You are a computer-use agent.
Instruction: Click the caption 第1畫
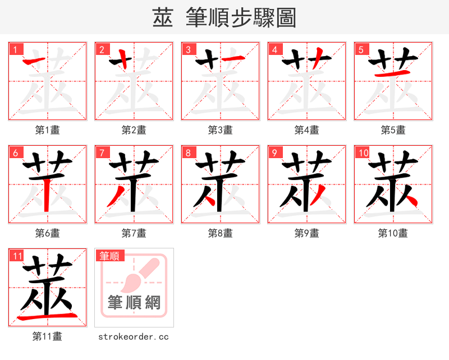click(x=48, y=130)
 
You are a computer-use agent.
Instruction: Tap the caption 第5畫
click(x=393, y=130)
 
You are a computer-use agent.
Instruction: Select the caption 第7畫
click(x=134, y=233)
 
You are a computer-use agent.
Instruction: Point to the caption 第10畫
click(x=393, y=233)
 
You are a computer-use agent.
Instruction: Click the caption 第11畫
click(x=48, y=336)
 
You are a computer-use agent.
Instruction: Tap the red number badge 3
click(x=188, y=49)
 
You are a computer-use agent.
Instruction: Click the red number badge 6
click(x=15, y=153)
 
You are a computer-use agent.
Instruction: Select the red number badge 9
click(x=274, y=153)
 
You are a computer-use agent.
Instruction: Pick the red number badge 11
click(x=17, y=256)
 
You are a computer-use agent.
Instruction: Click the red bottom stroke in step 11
click(x=47, y=317)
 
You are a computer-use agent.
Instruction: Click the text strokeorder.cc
click(x=134, y=336)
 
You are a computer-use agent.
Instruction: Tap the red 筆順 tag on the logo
click(x=109, y=256)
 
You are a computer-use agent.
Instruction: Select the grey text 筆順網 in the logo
click(x=134, y=303)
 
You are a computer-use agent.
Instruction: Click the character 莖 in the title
click(x=163, y=18)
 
